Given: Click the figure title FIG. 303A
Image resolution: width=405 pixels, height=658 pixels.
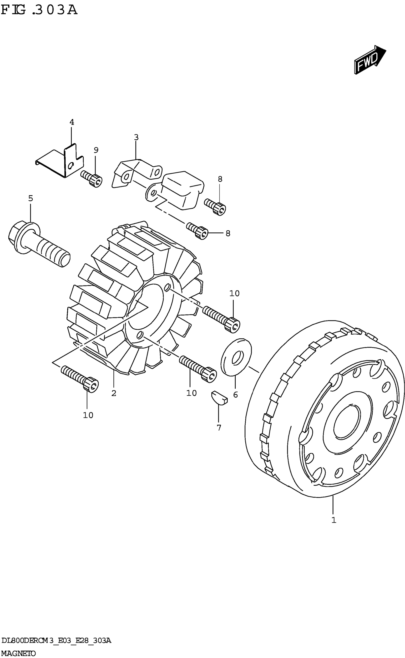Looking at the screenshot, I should tap(39, 10).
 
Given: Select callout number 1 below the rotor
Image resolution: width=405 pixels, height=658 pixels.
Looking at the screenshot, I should tap(334, 520).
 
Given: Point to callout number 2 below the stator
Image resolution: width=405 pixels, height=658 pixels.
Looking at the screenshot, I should tap(114, 393).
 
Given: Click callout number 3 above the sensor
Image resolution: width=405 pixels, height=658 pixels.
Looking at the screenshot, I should tap(136, 138).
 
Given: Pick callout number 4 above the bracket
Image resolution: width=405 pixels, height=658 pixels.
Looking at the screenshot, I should tap(71, 122).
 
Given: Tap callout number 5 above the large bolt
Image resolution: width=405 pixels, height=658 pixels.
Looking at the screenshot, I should tap(30, 198).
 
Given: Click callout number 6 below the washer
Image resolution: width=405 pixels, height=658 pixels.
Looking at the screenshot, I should tap(235, 395).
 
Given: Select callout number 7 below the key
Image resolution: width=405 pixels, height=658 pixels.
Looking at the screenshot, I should tap(219, 428).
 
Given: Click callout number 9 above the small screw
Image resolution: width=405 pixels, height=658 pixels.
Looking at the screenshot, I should tap(96, 150).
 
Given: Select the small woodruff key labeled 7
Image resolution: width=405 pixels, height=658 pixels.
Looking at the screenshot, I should tap(219, 397).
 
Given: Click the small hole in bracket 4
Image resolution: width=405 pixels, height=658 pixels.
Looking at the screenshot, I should tap(71, 166).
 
